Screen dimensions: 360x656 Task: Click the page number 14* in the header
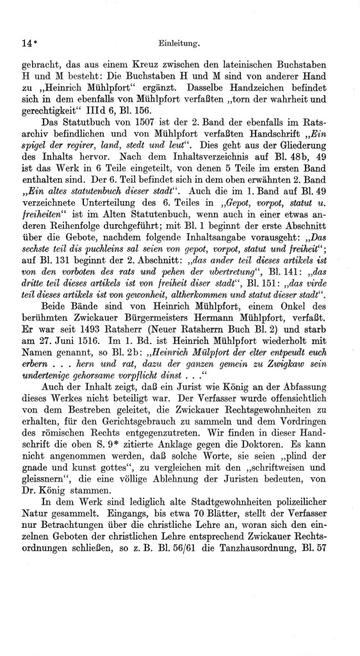point(24,44)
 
